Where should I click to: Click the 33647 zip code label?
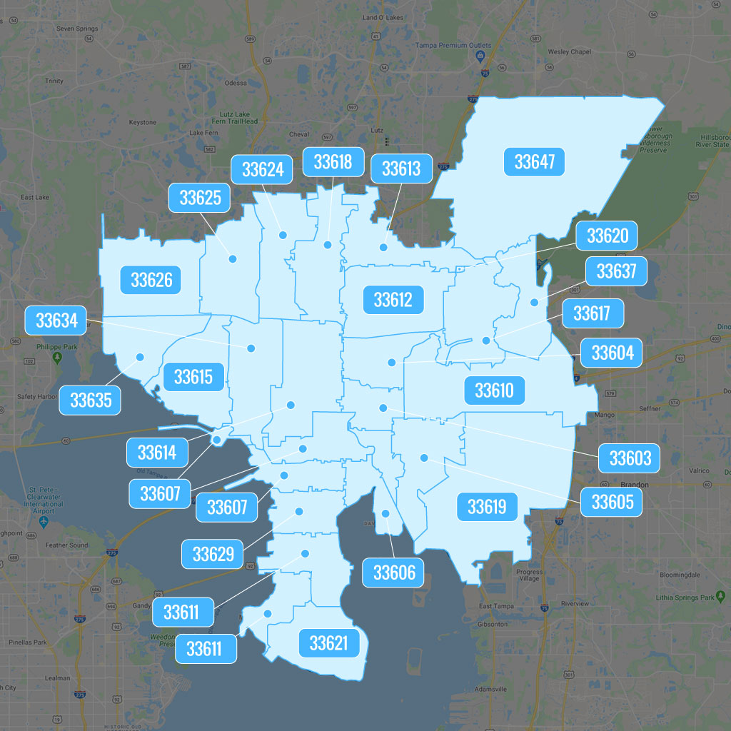534,162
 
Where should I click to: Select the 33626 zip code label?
151,279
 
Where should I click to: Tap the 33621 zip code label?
328,643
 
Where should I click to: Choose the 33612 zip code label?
393,299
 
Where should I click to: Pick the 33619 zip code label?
486,507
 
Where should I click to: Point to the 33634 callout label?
56,321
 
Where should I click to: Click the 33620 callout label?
607,236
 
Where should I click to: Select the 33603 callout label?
630,458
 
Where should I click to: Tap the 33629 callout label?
213,554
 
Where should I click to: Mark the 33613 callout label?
401,168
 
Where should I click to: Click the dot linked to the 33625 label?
232,258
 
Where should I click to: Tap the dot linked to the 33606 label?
385,513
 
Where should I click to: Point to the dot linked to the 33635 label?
140,357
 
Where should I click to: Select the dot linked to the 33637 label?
534,303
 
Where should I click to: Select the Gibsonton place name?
493,624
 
